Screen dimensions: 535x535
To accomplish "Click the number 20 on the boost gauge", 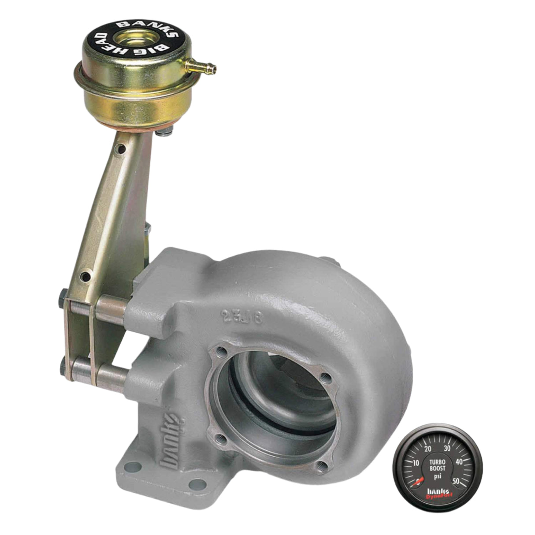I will (x=427, y=449).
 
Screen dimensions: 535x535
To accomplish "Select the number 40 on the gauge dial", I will (x=459, y=462).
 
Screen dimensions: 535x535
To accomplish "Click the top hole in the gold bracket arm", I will (x=121, y=149).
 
